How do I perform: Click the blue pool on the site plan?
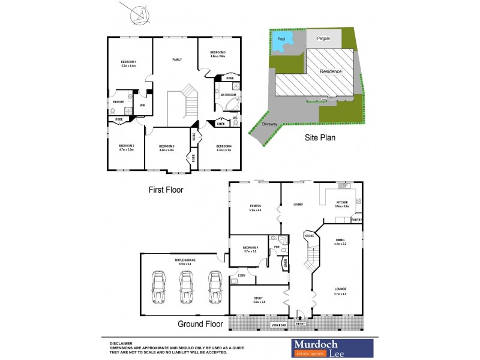(x=283, y=41)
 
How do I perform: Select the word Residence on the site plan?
(x=331, y=71)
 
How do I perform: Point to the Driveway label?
(x=270, y=125)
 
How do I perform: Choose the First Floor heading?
(x=166, y=190)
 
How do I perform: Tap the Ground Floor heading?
(x=200, y=324)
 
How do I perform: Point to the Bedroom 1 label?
(x=128, y=62)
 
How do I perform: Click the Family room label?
(x=177, y=60)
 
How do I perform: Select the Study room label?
(x=259, y=298)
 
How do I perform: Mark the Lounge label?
(x=341, y=289)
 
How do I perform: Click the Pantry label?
(x=356, y=220)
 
